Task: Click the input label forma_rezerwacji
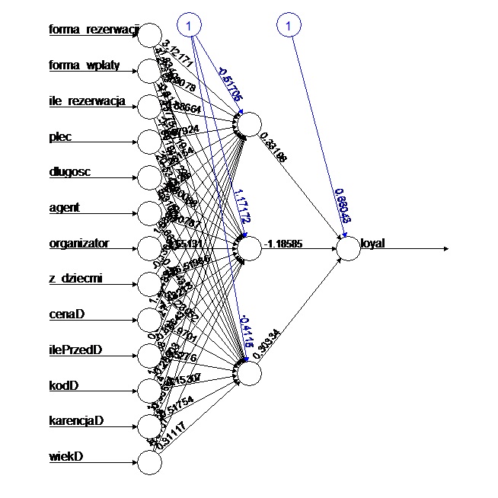click(94, 30)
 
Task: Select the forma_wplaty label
click(84, 65)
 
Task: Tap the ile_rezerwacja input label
click(86, 101)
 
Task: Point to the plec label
click(61, 137)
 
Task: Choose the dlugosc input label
click(69, 172)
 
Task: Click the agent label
click(64, 207)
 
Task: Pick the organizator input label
click(79, 244)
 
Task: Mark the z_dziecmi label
click(74, 279)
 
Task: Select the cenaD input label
click(66, 314)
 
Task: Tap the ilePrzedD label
click(75, 350)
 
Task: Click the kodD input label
click(63, 385)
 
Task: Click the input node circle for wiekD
click(150, 461)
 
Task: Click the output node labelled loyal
click(348, 249)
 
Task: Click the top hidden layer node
click(248, 126)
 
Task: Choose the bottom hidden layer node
click(248, 372)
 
